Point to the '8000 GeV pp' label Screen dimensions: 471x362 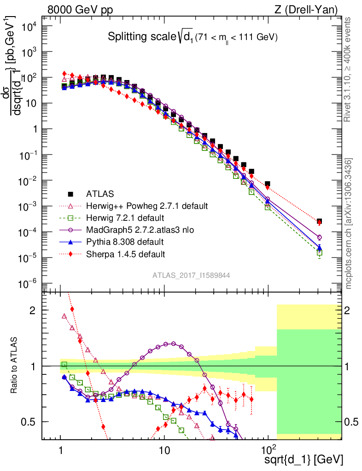click(80, 10)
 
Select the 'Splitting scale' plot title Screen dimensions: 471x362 click(193, 37)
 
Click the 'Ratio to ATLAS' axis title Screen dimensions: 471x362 click(15, 366)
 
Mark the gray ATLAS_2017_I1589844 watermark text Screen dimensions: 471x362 click(192, 275)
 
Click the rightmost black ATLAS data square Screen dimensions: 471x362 click(319, 221)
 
